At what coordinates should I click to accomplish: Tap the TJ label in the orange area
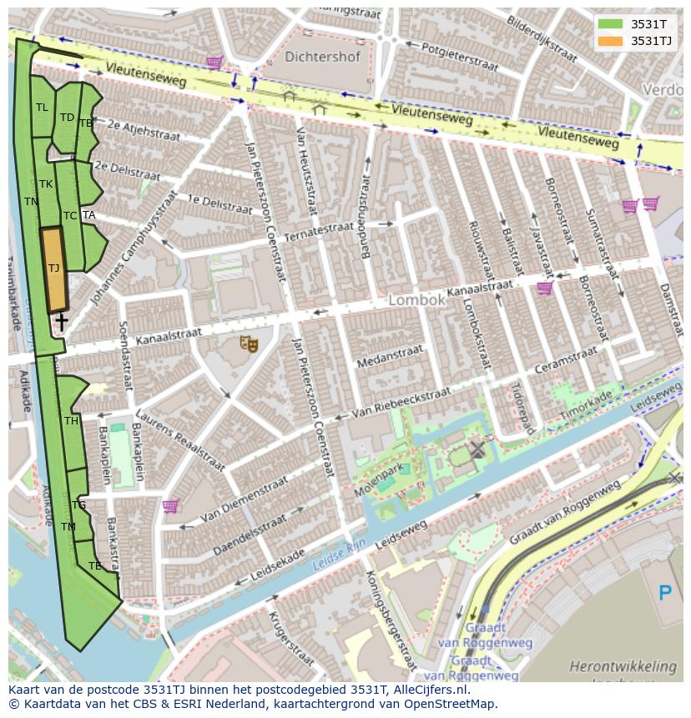tap(53, 269)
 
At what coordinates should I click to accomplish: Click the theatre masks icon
tap(249, 343)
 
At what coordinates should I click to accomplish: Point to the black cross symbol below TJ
tap(61, 321)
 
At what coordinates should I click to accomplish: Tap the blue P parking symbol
tap(665, 594)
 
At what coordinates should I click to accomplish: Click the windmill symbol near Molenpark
tap(477, 450)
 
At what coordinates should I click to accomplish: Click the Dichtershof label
tap(322, 58)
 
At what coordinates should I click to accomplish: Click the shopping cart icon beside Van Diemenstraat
tap(171, 506)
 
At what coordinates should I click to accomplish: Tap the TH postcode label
tap(72, 421)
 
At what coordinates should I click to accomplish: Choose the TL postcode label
tap(42, 108)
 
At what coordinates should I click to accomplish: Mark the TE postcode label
tap(95, 565)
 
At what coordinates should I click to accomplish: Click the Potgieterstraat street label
tap(460, 56)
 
